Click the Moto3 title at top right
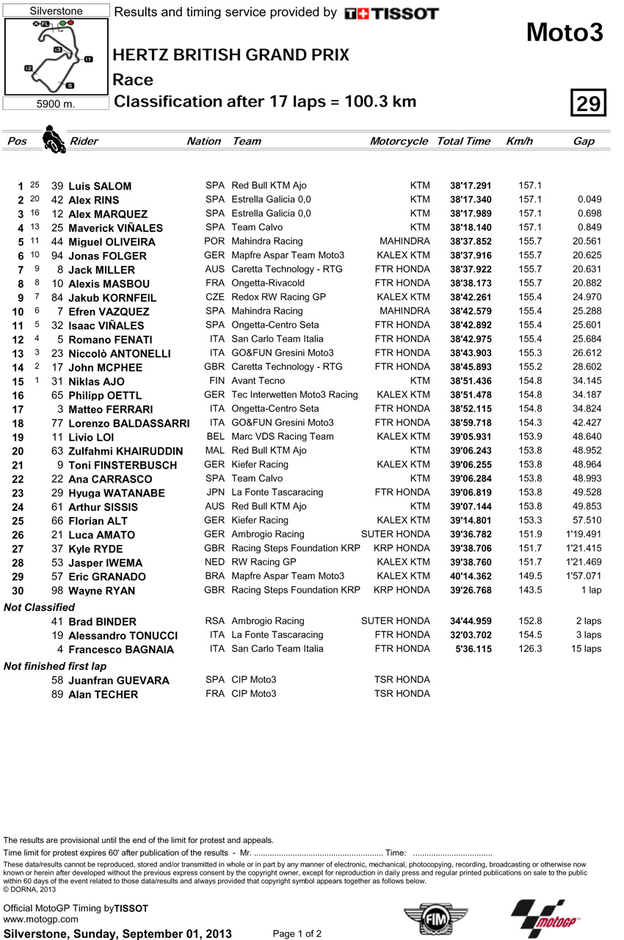coord(565,32)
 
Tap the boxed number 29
coord(588,104)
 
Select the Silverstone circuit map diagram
coord(56,57)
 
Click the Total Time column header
coord(463,141)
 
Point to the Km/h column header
coord(519,141)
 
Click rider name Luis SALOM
coord(100,187)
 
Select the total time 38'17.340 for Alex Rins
coord(471,200)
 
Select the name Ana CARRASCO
coord(110,479)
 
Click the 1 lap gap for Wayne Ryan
coord(590,590)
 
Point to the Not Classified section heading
coord(39,607)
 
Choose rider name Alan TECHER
coord(103,695)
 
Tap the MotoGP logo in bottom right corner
coord(544,919)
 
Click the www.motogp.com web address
coord(41,919)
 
